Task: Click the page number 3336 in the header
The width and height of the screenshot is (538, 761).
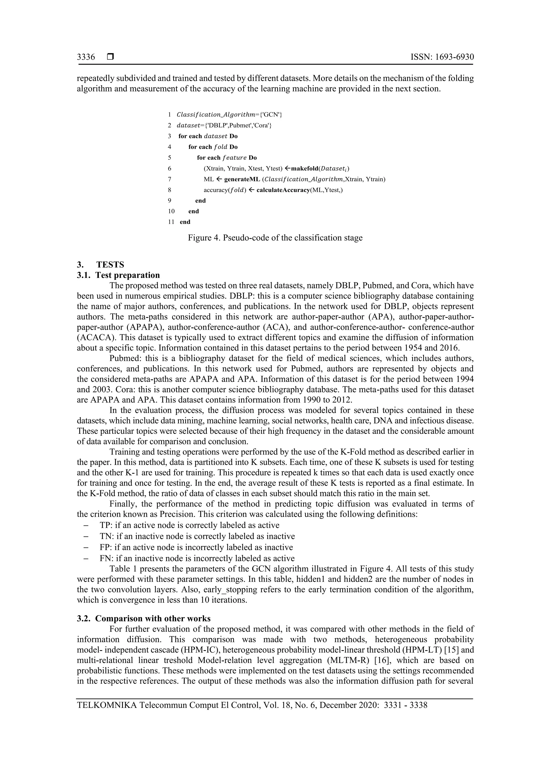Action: pos(86,57)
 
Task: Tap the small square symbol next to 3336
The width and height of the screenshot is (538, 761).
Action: pos(110,57)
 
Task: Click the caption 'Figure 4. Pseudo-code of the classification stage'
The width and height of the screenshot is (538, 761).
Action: pos(275,238)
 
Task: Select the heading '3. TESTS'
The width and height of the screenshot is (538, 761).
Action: pos(100,265)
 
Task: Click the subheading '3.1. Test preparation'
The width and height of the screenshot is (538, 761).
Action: pos(118,275)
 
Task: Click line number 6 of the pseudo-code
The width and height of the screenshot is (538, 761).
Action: pos(169,168)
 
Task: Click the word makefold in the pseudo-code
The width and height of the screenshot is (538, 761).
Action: pos(304,168)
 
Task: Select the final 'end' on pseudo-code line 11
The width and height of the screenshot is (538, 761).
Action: pos(185,222)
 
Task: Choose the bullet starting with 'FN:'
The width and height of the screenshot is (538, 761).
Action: pos(197,558)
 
